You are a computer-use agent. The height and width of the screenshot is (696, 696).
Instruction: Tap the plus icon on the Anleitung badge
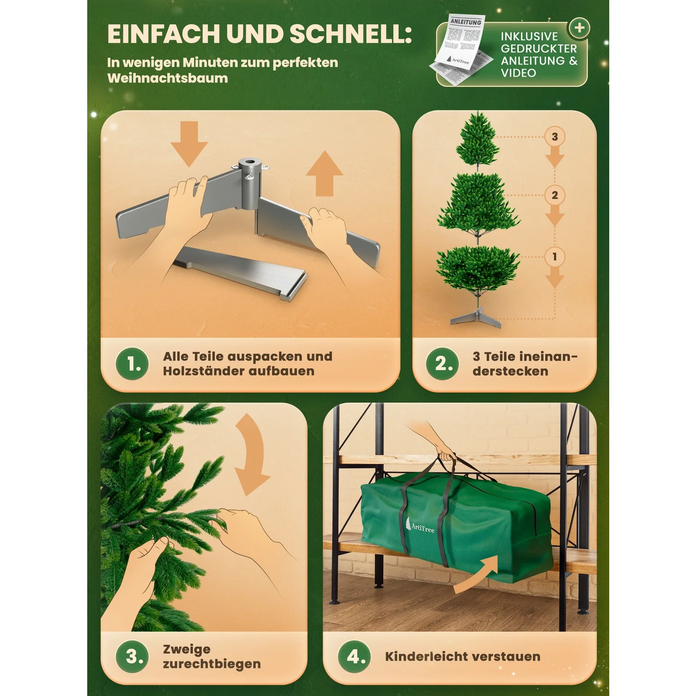click(x=579, y=28)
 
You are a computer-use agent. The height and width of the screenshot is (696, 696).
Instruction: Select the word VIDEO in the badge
click(x=518, y=73)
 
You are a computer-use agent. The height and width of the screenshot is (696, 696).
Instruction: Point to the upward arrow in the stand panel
click(x=325, y=174)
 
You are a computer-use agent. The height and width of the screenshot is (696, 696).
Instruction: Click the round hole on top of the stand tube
click(x=250, y=163)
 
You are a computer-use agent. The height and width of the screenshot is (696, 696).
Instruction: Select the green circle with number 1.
click(x=132, y=364)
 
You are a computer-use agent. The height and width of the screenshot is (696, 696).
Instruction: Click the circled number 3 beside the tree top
click(x=554, y=137)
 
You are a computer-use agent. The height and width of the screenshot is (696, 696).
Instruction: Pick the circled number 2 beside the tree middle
click(x=554, y=195)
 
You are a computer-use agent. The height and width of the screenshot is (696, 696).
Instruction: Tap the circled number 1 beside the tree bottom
click(x=554, y=257)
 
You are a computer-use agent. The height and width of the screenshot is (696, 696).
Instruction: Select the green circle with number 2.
click(x=442, y=364)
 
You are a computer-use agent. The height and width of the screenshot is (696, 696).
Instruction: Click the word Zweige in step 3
click(x=187, y=649)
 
